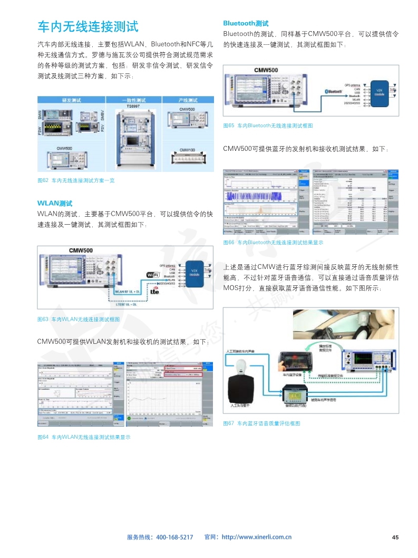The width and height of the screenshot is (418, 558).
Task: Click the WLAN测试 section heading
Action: coord(55,203)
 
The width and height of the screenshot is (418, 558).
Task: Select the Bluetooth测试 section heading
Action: coord(246,23)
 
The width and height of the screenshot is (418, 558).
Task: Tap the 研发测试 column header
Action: coord(70,100)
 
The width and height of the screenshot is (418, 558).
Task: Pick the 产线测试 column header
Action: coord(187,100)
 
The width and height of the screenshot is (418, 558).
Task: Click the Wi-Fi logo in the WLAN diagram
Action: coord(153,274)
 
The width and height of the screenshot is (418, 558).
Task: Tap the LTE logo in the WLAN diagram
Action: coord(154,290)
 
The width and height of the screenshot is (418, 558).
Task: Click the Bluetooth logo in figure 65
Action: coord(333,91)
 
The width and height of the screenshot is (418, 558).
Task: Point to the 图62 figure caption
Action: coord(76,180)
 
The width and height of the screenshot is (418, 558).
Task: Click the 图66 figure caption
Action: coord(273,243)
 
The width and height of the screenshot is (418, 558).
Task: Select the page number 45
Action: coord(395,537)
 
